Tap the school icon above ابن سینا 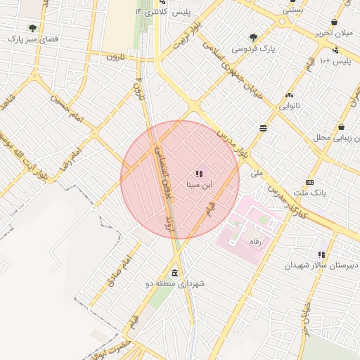pyautogui.click(x=199, y=173)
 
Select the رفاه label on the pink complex pyautogui.click(x=255, y=241)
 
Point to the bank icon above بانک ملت pyautogui.click(x=309, y=181)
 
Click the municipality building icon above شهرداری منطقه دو pyautogui.click(x=174, y=273)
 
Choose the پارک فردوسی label pyautogui.click(x=255, y=49)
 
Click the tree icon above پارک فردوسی pyautogui.click(x=254, y=37)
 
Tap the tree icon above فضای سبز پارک pyautogui.click(x=32, y=28)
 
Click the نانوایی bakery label pyautogui.click(x=289, y=106)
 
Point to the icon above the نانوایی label pyautogui.click(x=288, y=95)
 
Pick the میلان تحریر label pyautogui.click(x=333, y=33)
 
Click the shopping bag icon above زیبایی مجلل pyautogui.click(x=341, y=127)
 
